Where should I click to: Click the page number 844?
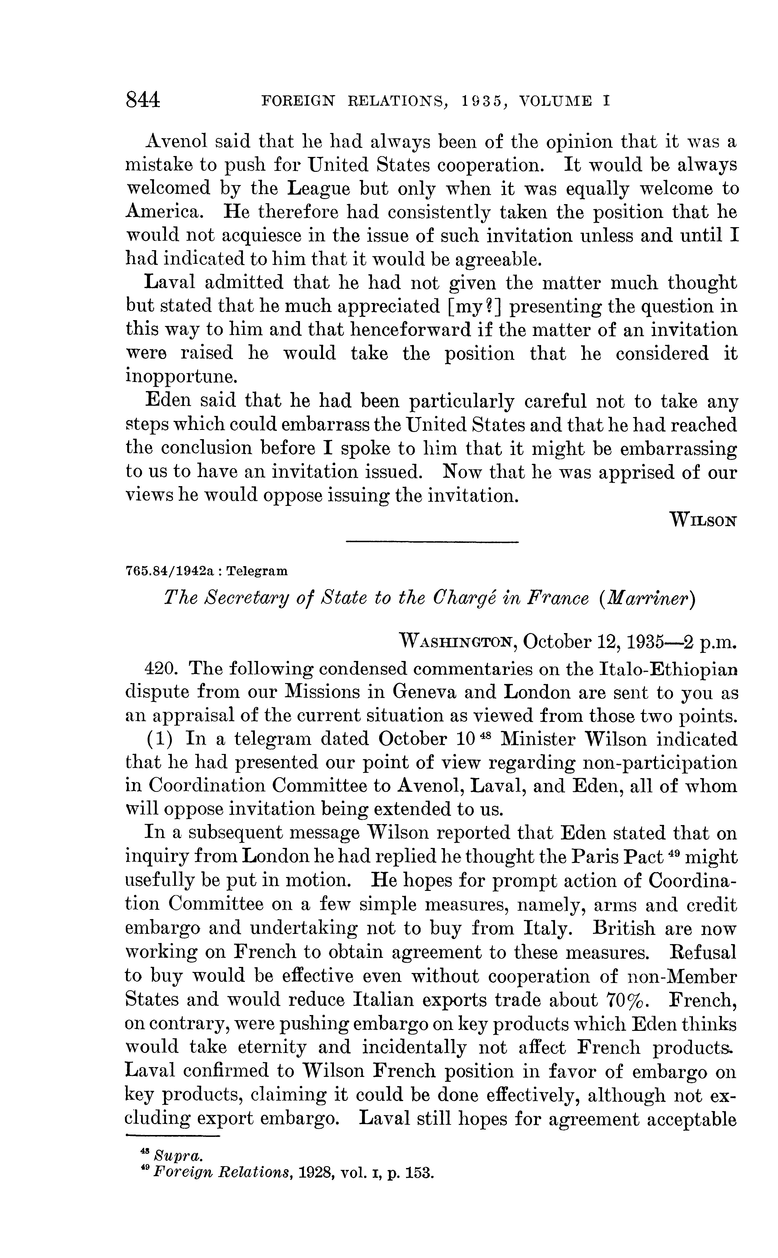click(x=143, y=100)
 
